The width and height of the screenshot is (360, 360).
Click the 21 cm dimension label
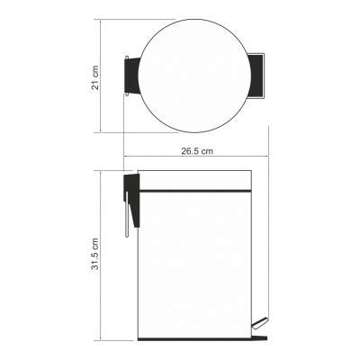click(x=95, y=77)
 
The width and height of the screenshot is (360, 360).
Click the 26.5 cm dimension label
click(x=197, y=151)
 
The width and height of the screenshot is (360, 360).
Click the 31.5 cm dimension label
click(x=95, y=254)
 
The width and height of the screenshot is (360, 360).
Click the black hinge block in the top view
click(x=132, y=76)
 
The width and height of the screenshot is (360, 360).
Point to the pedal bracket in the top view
click(x=256, y=76)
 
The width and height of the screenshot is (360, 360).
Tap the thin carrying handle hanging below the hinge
click(x=127, y=214)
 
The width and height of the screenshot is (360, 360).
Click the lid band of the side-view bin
click(x=194, y=180)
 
